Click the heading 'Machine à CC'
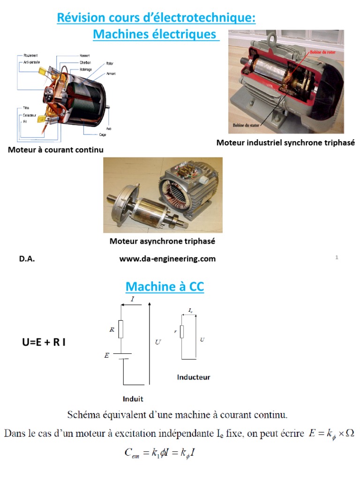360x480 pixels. coord(165,286)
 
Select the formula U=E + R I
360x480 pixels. coord(44,342)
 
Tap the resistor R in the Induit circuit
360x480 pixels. coord(120,330)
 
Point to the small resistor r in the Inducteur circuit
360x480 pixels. coord(182,331)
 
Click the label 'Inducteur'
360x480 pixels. coord(194,377)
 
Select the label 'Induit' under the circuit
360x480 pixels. coord(133,399)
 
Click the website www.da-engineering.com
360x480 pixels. coord(167,259)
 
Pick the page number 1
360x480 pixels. coord(337,257)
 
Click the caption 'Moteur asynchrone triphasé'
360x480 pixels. coord(162,241)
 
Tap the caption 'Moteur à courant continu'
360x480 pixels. coord(55,150)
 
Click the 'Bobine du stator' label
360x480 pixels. coord(246,126)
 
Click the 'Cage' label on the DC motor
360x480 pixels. coord(102,135)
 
